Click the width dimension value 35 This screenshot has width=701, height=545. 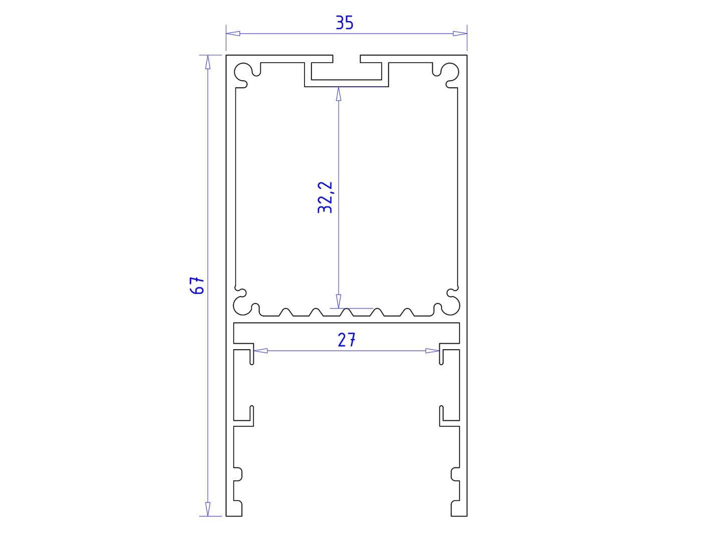(x=344, y=23)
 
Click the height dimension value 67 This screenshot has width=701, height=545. (x=197, y=285)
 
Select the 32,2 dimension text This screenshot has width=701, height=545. (x=325, y=197)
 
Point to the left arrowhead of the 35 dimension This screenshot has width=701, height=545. (x=233, y=34)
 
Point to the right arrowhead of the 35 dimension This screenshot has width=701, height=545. (x=460, y=34)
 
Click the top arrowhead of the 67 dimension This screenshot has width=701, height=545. (x=208, y=62)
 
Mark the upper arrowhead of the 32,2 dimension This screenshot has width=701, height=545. (x=338, y=94)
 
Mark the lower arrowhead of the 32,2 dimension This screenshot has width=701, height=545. (x=338, y=301)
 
